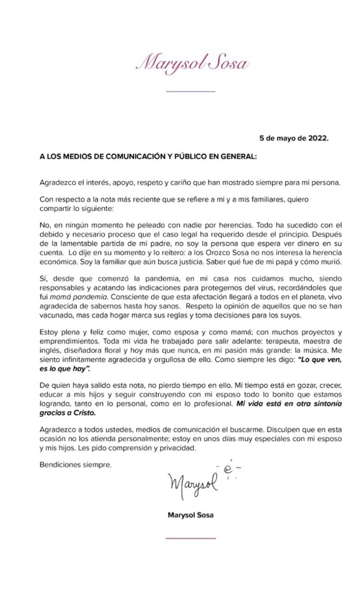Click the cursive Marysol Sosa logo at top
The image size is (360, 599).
pos(192,63)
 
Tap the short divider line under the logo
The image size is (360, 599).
pos(191,92)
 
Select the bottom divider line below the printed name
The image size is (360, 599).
pos(191,538)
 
